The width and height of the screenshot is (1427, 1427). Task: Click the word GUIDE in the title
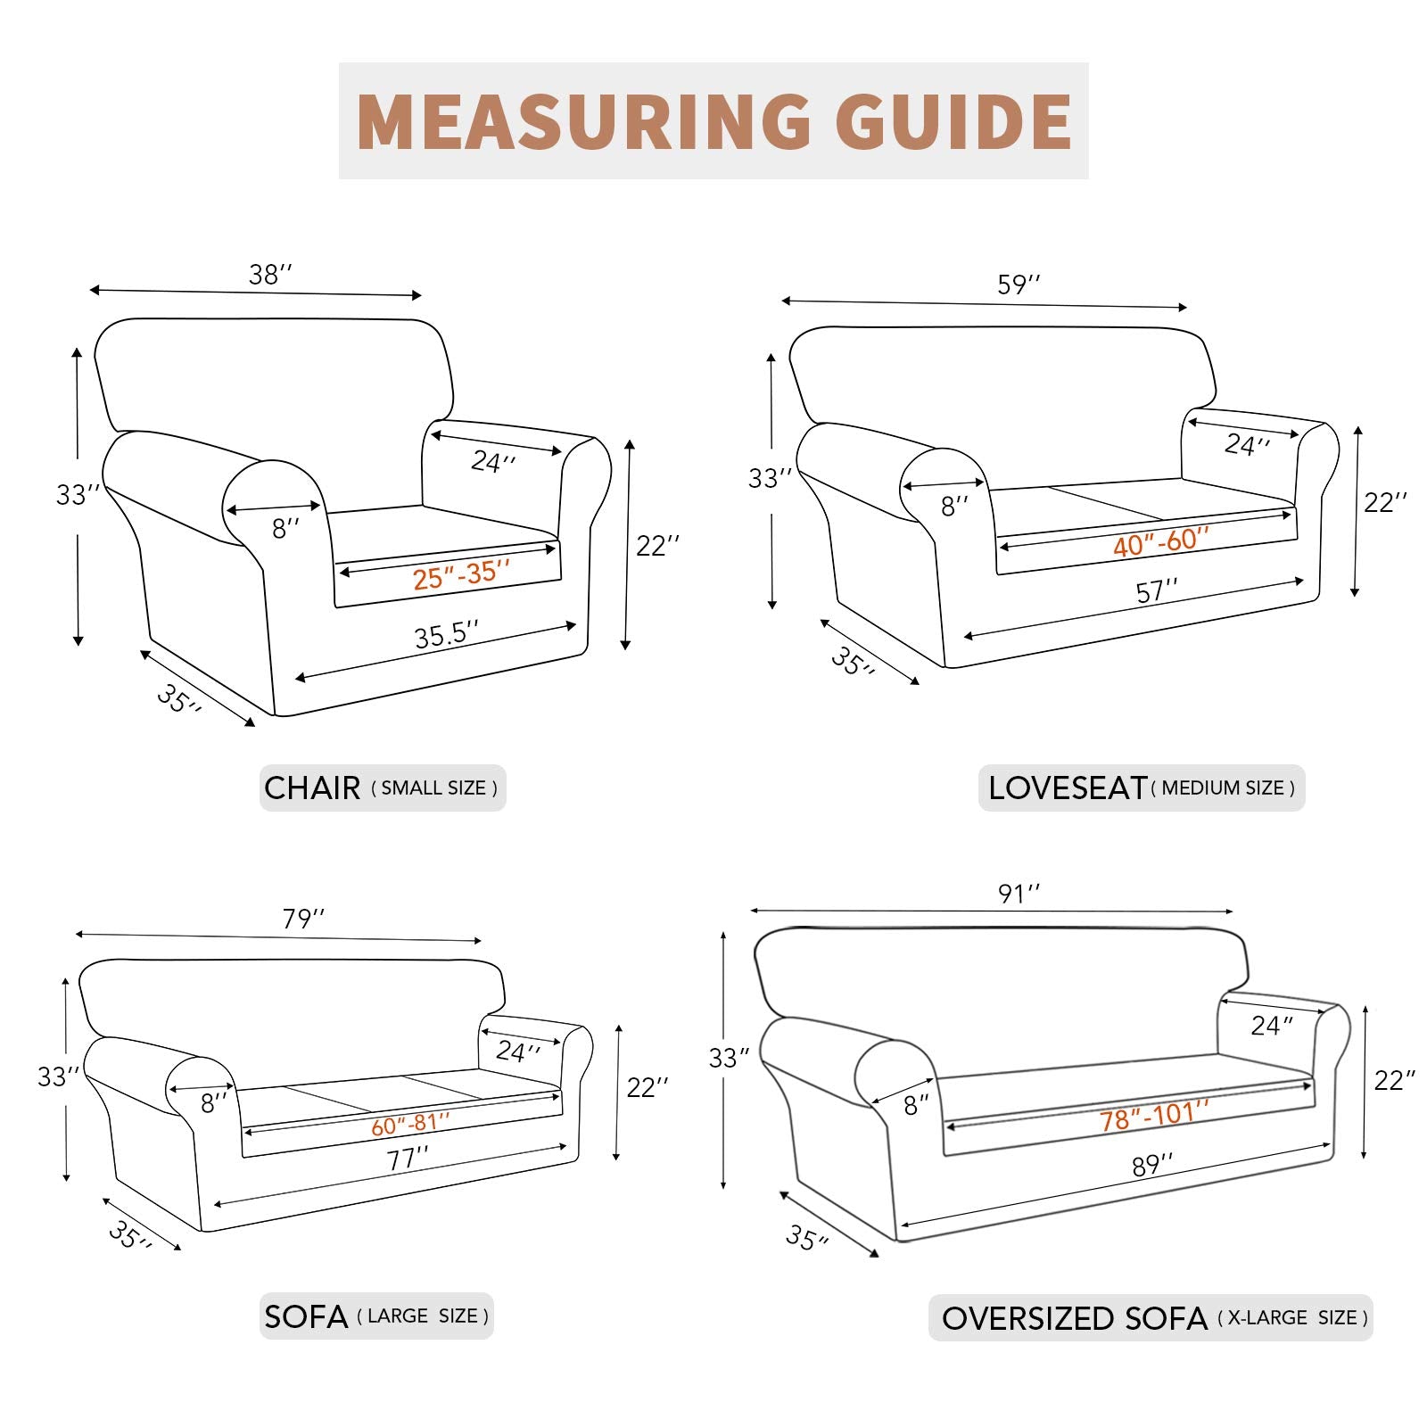pos(953,121)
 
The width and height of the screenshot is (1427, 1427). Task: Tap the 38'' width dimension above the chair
pos(269,275)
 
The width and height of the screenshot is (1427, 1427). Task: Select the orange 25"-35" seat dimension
pos(460,575)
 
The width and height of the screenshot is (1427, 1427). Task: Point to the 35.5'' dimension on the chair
pos(446,635)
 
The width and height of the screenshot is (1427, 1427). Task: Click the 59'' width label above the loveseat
pos(1019,285)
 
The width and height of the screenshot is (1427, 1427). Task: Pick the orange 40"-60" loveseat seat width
pos(1160,541)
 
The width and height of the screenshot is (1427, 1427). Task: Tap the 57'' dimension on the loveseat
pos(1157,591)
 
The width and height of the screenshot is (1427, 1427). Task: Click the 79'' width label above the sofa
pos(303,919)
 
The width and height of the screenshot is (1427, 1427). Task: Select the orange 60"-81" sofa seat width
pos(410,1125)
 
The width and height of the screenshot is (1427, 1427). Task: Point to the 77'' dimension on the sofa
pos(408,1159)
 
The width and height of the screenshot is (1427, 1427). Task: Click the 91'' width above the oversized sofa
pos(1019,894)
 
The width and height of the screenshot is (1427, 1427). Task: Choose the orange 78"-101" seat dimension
pos(1153,1115)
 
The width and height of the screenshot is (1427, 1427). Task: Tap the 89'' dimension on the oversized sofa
pos(1151,1165)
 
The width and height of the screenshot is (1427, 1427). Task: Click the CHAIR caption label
pos(312,788)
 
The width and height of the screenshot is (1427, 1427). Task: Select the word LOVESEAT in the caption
pos(1067,788)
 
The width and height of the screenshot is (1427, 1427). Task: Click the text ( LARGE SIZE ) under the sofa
pos(423,1316)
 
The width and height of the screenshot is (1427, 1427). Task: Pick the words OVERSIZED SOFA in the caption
pos(1074,1318)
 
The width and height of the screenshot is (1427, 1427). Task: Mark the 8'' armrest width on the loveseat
pos(953,507)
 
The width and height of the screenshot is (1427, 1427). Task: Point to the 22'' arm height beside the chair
pos(657,545)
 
